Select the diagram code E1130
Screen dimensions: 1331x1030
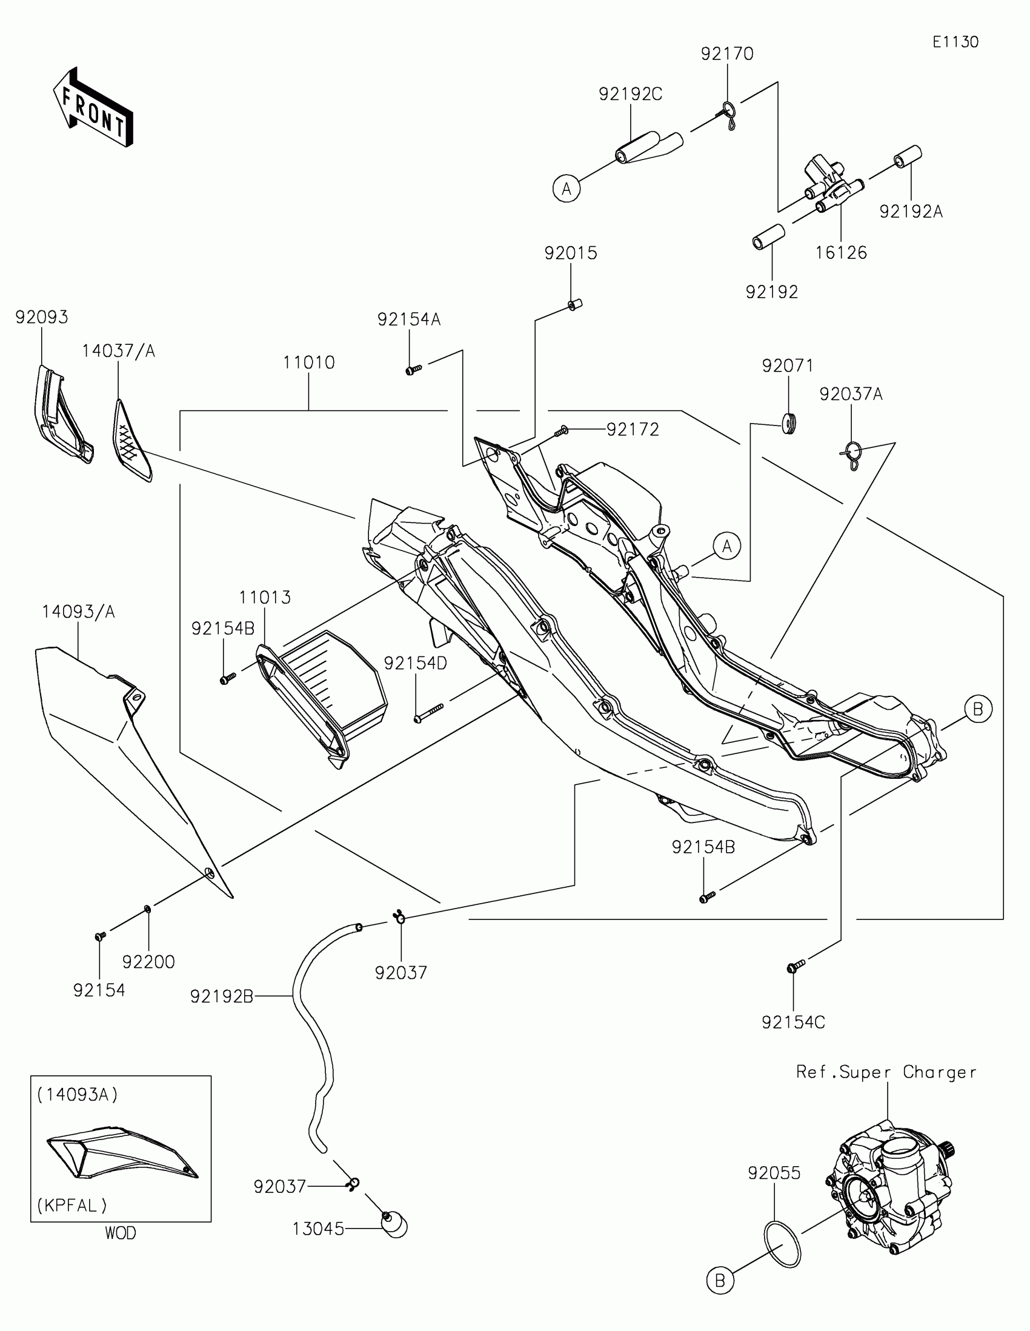coord(955,42)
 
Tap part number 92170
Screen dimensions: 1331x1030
coord(726,54)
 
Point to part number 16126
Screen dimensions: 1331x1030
coord(840,253)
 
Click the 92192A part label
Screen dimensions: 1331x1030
coord(911,212)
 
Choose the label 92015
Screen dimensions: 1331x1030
coord(570,253)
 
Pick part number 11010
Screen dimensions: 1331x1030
coord(309,362)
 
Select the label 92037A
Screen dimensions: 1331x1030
coord(850,395)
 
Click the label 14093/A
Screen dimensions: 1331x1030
coord(78,612)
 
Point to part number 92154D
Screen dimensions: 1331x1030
coord(416,664)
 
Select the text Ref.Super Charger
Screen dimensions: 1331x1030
coord(886,1073)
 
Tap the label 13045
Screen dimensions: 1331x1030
coord(318,1229)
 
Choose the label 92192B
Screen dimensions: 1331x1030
coord(221,996)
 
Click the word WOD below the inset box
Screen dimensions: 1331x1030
coord(121,1233)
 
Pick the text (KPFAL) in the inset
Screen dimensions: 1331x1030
coord(72,1205)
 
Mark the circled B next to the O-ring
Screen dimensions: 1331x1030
coord(719,1281)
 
